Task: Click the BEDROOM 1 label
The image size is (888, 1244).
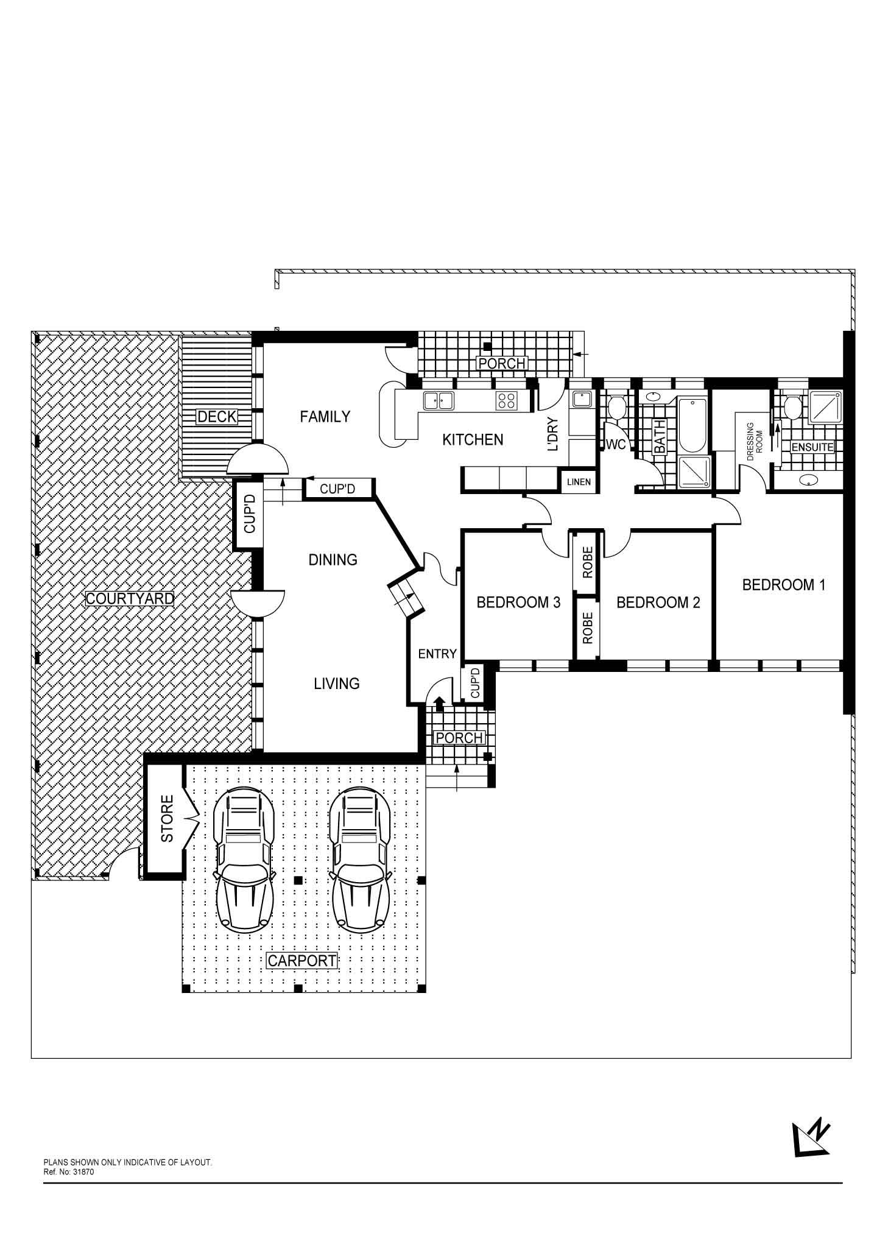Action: click(783, 585)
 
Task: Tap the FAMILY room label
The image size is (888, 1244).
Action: click(325, 417)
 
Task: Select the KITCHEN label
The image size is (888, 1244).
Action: click(473, 439)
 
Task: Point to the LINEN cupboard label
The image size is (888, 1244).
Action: click(579, 482)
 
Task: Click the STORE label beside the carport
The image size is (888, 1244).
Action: click(167, 819)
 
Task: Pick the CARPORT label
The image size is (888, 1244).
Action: click(302, 961)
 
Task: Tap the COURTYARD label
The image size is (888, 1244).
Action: click(130, 598)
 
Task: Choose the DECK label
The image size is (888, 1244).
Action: click(217, 417)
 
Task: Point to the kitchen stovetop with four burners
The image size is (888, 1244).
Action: click(507, 400)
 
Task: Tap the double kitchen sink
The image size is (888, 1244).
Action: click(439, 400)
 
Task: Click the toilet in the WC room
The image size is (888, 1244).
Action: click(616, 406)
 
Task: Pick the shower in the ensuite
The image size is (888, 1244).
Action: click(826, 407)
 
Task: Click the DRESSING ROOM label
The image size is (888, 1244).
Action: click(755, 440)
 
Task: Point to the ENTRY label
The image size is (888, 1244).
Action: click(437, 654)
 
